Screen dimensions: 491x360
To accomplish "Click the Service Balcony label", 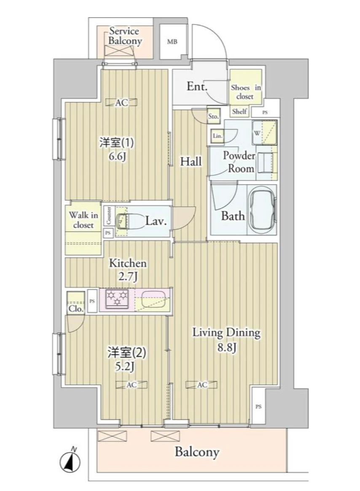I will coord(125,36).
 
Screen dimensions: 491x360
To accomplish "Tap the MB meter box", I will coord(172,42).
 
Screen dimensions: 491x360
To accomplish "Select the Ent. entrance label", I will coord(197,87).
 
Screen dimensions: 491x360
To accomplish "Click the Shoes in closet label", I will coord(245,92).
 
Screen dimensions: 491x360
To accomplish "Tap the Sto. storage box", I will coord(213,117).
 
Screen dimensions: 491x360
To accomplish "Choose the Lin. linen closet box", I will coord(218,136).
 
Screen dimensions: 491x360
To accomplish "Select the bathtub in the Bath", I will coord(262,210).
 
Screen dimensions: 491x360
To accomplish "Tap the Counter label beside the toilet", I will coord(108,215).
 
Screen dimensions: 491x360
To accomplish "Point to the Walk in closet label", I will coord(83,220).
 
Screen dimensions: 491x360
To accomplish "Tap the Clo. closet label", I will coord(76,309).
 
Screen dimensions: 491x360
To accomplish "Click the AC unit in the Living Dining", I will coord(202,385).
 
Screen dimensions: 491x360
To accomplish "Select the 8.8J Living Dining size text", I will coord(226,348).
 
